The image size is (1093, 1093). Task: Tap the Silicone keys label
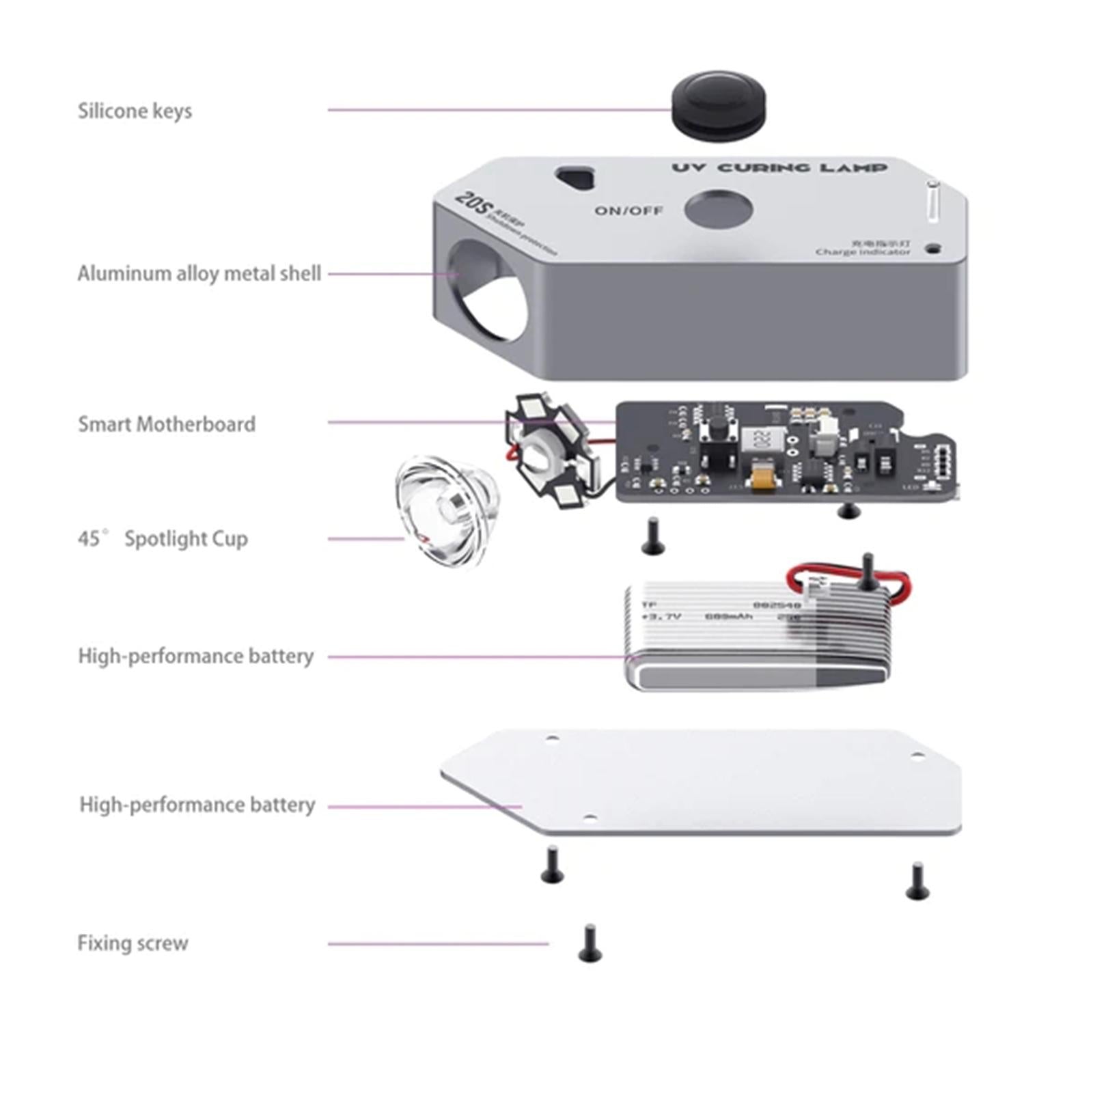click(x=135, y=111)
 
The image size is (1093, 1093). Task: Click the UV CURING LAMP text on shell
click(x=779, y=167)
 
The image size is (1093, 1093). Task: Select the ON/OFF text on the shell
click(x=628, y=210)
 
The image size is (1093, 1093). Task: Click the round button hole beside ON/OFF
click(x=718, y=209)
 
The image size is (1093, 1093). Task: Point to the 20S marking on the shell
click(x=470, y=203)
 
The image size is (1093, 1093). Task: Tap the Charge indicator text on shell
click(x=863, y=251)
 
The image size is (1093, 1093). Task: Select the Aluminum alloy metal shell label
click(x=198, y=273)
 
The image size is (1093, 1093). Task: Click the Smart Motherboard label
click(x=167, y=424)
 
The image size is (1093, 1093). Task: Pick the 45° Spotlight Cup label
click(x=163, y=539)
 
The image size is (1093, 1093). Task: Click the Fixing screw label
click(x=133, y=943)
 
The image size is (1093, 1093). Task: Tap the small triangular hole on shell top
click(x=578, y=178)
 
